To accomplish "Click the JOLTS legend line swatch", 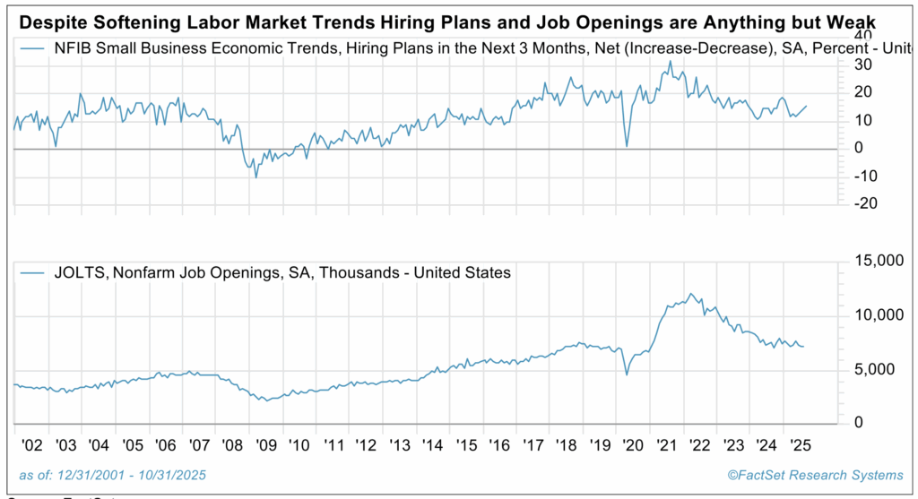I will [34, 272].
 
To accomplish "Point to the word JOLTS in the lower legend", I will [78, 272].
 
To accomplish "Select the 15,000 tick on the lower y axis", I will [873, 262].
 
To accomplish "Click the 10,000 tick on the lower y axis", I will [873, 315].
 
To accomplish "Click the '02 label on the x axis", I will [28, 444].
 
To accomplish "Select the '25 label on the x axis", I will [794, 444].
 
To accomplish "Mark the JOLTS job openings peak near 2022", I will [688, 294].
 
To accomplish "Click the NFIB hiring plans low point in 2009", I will [256, 176].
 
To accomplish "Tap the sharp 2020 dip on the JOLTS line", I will [626, 374].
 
